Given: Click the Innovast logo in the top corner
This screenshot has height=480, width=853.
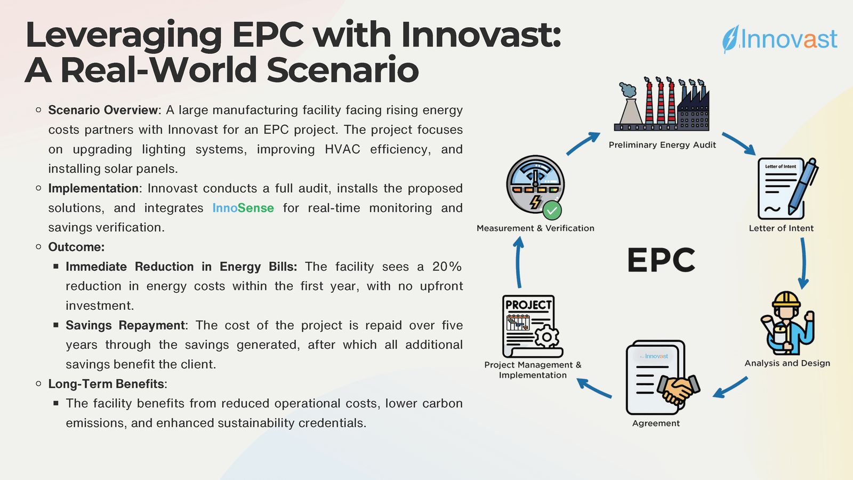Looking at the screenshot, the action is click(779, 39).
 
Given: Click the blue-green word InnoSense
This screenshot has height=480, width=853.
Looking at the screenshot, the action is click(243, 208).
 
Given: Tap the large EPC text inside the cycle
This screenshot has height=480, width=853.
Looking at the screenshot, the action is click(661, 260).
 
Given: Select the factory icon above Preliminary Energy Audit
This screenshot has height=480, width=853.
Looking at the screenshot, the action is click(662, 104).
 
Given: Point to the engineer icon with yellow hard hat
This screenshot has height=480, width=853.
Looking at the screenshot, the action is click(787, 323).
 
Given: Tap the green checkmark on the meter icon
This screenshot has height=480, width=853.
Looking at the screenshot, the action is click(552, 211).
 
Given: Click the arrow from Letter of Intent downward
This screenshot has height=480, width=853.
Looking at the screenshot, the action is click(803, 263).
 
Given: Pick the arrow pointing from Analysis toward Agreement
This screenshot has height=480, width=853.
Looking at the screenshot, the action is click(730, 388).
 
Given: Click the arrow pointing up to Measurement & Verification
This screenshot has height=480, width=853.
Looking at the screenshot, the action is click(519, 262).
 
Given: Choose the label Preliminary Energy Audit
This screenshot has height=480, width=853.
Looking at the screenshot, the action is click(662, 145).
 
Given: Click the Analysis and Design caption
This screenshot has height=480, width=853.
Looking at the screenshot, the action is click(787, 363).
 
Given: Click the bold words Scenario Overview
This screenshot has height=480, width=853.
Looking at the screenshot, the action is click(103, 110).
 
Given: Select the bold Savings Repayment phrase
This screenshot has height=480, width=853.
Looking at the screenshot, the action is click(125, 325).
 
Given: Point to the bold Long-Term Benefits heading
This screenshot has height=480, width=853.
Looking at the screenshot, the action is click(106, 384).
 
